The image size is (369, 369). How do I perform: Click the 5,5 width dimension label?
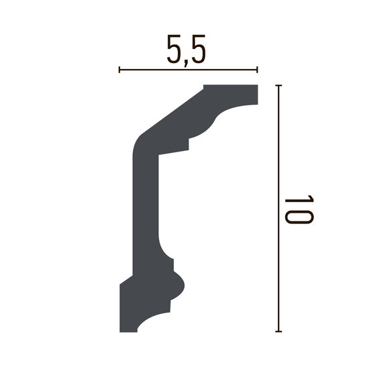click(x=184, y=53)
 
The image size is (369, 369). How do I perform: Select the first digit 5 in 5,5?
click(x=172, y=52)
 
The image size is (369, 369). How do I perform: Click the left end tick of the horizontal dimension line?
click(x=119, y=69)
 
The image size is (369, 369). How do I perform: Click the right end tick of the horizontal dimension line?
click(x=258, y=69)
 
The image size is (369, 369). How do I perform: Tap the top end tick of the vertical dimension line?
click(x=277, y=86)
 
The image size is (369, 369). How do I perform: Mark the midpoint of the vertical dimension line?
click(x=277, y=209)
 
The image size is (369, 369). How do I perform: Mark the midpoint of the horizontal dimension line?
click(x=189, y=69)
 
